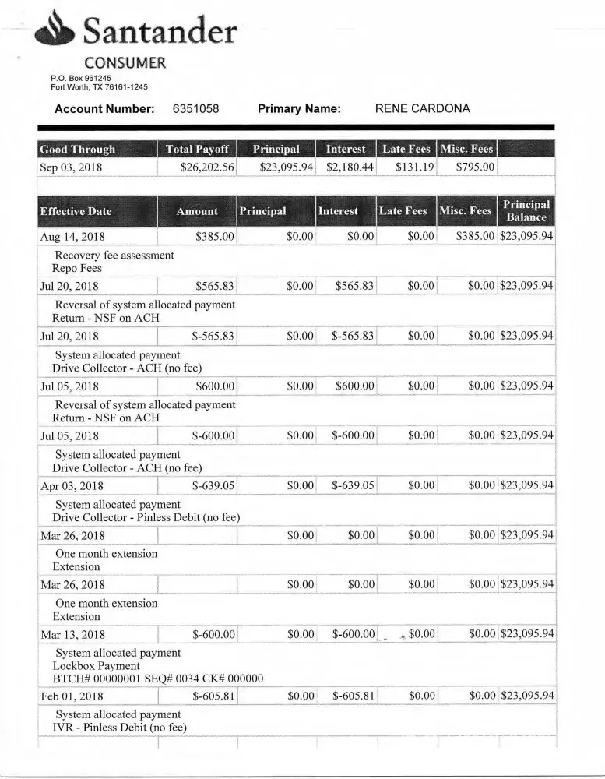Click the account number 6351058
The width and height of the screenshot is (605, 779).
point(195,109)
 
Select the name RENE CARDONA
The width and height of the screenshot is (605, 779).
point(422,109)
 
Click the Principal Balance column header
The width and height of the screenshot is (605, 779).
point(526,211)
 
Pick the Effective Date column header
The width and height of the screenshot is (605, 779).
point(76,211)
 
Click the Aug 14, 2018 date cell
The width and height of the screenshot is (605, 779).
point(72,237)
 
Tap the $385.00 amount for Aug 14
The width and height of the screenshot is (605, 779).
point(215,237)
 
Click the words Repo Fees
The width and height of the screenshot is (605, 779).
point(77,269)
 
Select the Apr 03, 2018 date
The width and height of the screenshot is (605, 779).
point(72,486)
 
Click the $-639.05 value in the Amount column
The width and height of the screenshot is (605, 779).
point(213,486)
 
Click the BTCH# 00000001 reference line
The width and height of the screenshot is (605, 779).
point(157,679)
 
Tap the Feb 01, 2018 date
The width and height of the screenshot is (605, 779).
point(72,696)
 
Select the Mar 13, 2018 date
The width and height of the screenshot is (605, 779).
point(72,635)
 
